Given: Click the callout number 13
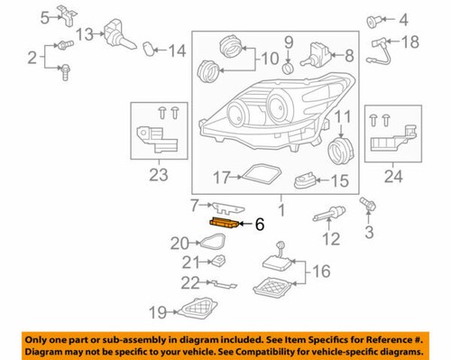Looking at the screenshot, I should click(84, 34).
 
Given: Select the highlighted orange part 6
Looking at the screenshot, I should click(225, 222).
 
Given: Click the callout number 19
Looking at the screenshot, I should click(159, 313).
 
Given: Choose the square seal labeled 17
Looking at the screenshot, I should click(262, 176).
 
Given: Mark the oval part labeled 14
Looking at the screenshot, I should click(152, 49).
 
